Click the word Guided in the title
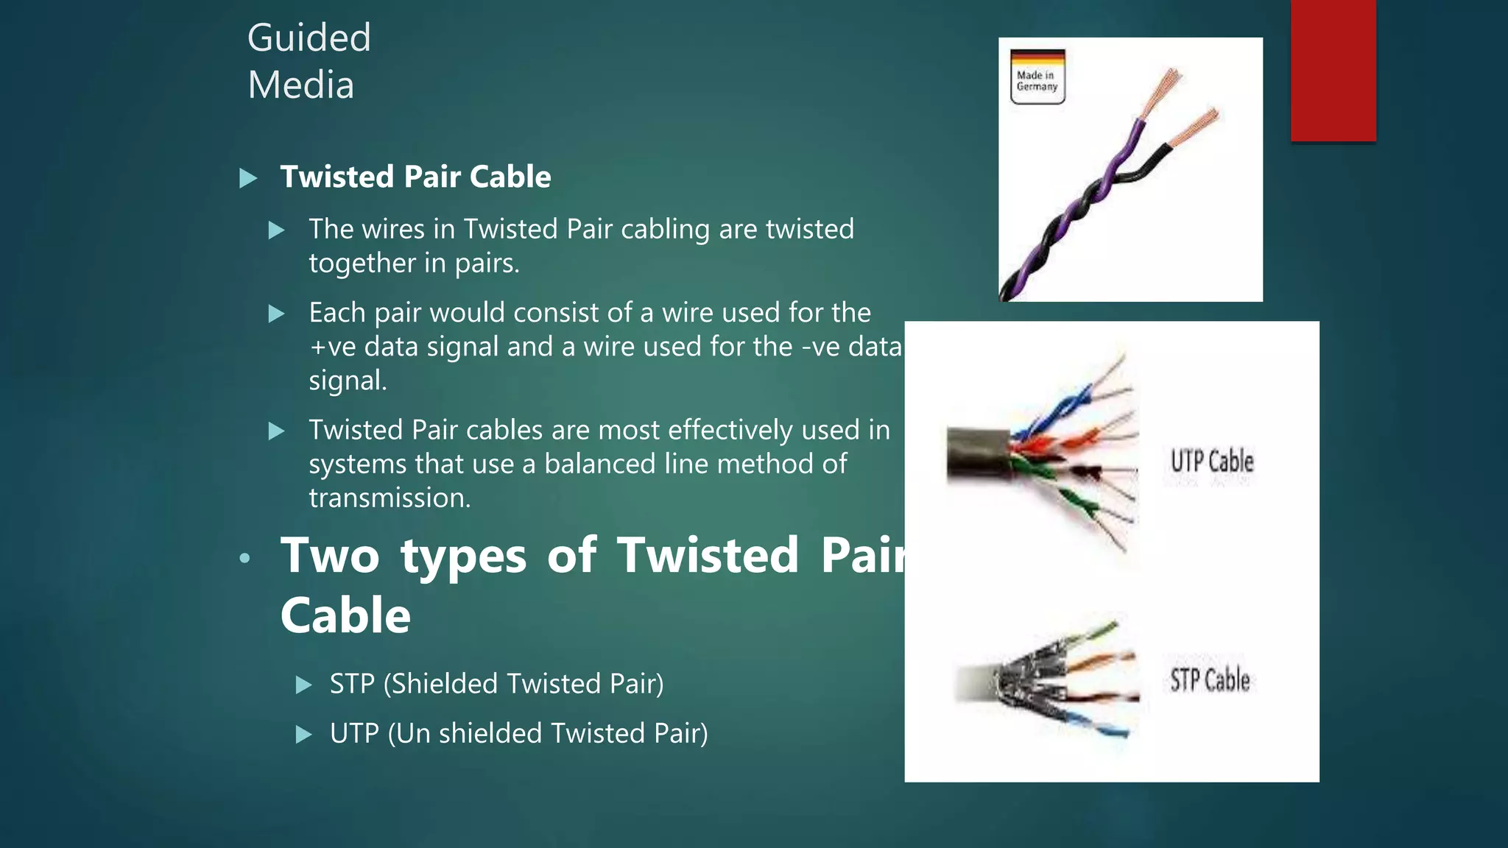309,38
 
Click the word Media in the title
300,85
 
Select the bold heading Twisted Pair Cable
415,177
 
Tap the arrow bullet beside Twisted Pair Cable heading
249,178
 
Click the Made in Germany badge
1037,77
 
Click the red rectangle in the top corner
1333,70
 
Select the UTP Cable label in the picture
1212,462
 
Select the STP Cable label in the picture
1210,679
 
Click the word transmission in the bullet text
389,498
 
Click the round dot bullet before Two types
245,559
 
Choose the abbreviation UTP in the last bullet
354,734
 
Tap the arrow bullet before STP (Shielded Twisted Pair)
303,685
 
